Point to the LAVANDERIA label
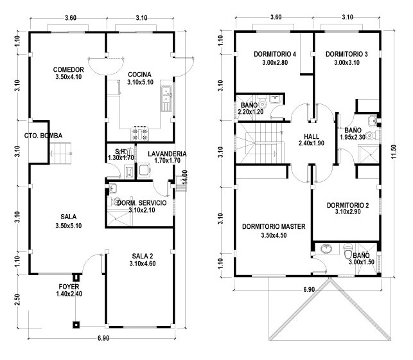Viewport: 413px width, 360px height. [166, 154]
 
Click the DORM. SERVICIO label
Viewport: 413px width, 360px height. [142, 203]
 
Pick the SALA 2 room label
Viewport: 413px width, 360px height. [142, 255]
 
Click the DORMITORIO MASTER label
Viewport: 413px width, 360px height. [273, 227]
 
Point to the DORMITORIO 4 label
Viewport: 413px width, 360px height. [274, 54]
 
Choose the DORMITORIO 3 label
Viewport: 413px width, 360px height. [346, 54]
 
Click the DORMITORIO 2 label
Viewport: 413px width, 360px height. [347, 206]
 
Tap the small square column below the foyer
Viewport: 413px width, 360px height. [76, 323]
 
